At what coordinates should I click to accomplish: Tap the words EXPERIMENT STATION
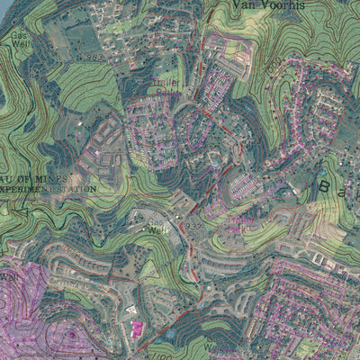point(49,190)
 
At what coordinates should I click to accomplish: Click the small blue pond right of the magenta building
point(171,335)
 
